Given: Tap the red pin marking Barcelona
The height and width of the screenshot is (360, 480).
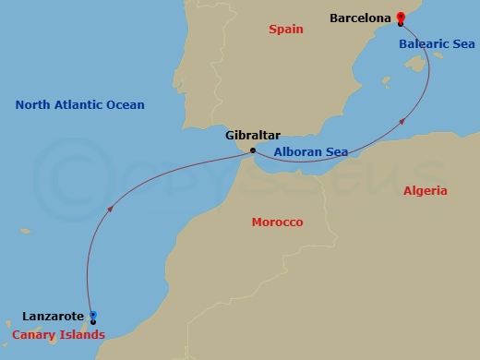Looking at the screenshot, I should (x=400, y=18).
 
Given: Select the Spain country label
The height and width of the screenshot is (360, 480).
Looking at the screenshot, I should (x=286, y=30).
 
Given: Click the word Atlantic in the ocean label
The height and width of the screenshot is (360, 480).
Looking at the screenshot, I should (x=85, y=104).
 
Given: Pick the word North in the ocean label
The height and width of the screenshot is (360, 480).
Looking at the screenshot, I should (x=33, y=104).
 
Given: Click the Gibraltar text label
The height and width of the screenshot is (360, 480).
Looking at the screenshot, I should (x=252, y=135).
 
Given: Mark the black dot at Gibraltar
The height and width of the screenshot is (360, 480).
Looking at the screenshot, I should (x=253, y=149).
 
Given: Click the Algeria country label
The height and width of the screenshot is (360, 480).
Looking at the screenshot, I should (x=426, y=191).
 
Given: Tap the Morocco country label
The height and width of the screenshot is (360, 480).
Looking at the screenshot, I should (x=277, y=222).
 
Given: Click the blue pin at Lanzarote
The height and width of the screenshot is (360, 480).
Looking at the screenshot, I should (x=92, y=317).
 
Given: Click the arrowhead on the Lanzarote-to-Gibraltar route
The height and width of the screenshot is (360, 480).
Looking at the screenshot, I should (x=112, y=207).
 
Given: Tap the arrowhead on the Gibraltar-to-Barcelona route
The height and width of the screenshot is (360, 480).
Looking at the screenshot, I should (x=403, y=119).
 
